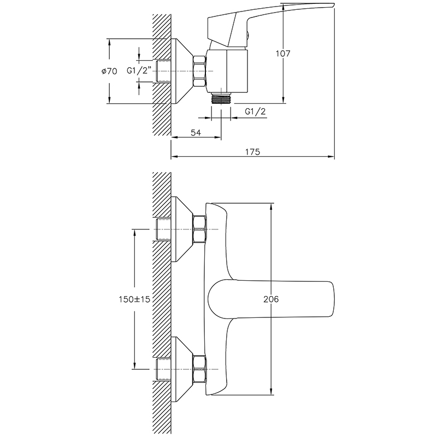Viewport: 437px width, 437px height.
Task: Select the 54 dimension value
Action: [x=196, y=133]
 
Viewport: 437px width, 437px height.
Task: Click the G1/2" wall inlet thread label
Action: [x=139, y=70]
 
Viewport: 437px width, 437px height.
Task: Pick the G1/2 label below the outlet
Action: [x=255, y=111]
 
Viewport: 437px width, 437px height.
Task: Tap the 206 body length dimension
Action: [x=271, y=299]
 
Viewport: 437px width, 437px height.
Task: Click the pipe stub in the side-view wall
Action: [x=163, y=71]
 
